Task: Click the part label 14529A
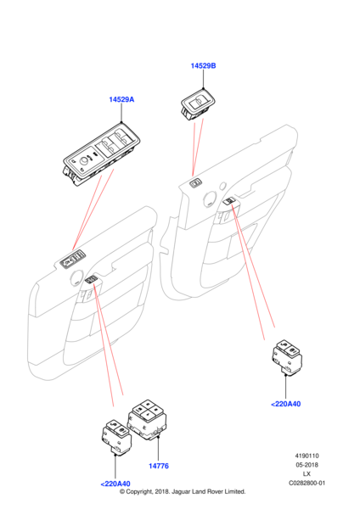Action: click(121, 99)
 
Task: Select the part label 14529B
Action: click(203, 65)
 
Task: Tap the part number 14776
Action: click(159, 466)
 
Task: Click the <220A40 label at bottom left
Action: click(115, 484)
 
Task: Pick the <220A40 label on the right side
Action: click(285, 404)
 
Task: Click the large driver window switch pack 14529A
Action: click(101, 154)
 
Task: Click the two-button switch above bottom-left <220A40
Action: click(116, 437)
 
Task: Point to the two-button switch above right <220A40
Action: click(287, 357)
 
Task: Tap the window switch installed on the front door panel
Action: click(73, 260)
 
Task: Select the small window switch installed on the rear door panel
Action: click(195, 183)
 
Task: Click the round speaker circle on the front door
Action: click(77, 278)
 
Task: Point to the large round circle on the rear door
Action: click(210, 199)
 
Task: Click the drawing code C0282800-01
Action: click(307, 483)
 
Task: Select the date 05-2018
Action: click(307, 465)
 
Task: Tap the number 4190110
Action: click(307, 456)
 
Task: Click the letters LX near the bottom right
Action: click(307, 474)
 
